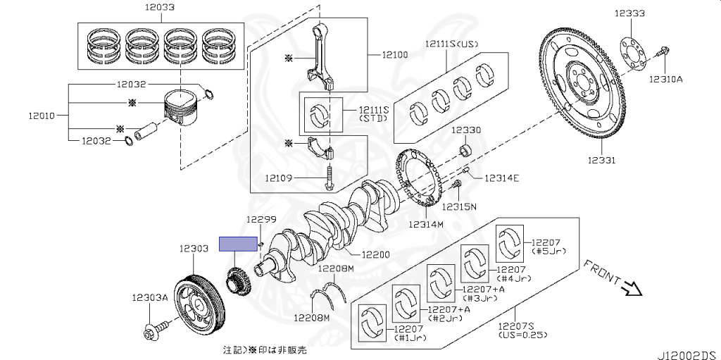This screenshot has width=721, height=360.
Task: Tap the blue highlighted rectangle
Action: (238, 244)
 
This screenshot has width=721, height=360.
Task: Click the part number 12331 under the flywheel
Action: (601, 160)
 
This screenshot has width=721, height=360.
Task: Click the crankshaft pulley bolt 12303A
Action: (156, 330)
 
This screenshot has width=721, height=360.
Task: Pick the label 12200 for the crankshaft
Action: (375, 254)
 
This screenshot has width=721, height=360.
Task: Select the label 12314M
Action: (427, 224)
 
